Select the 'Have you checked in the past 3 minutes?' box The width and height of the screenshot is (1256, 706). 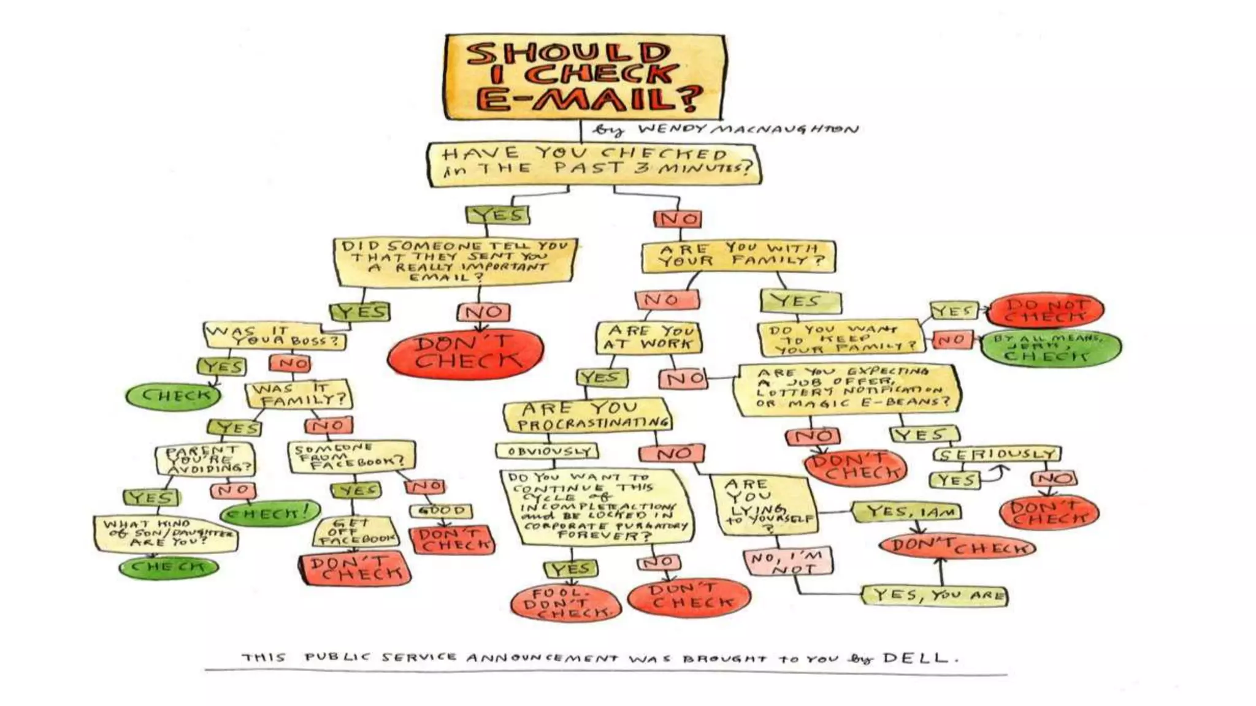(594, 164)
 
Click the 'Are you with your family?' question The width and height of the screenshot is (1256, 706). (738, 256)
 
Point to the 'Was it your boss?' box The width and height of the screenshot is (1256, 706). (274, 336)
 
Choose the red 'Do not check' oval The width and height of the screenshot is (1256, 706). (1046, 311)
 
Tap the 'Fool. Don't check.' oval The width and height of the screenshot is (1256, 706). (567, 602)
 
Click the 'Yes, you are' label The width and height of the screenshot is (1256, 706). (934, 595)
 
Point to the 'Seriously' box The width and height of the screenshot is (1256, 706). (997, 454)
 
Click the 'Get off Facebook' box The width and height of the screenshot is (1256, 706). (356, 532)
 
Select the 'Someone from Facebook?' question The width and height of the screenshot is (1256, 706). (351, 457)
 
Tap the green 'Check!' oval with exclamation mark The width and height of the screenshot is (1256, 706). (270, 514)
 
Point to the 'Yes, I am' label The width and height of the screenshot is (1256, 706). (905, 512)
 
